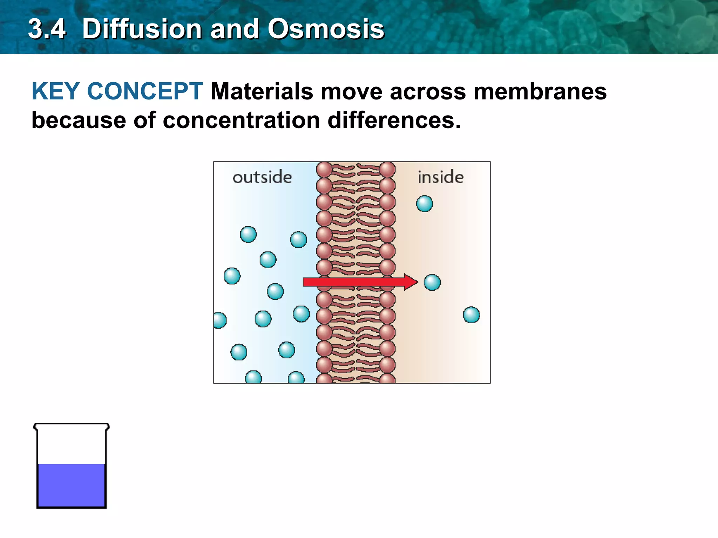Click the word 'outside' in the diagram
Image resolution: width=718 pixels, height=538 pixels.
(x=262, y=177)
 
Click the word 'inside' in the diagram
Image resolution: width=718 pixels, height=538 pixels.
(x=441, y=177)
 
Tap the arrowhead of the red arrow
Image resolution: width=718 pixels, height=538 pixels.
(x=411, y=282)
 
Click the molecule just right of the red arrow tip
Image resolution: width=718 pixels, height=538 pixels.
(x=432, y=282)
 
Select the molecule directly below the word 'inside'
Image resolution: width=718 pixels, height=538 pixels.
(x=424, y=204)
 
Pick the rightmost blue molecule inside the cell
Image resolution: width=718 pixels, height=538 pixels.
(x=471, y=315)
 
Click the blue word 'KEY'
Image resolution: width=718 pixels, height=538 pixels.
(x=55, y=91)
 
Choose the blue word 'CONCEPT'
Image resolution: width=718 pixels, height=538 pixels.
(x=145, y=91)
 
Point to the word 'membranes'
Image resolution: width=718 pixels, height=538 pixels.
(x=540, y=91)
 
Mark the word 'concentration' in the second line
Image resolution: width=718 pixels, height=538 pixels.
(x=241, y=120)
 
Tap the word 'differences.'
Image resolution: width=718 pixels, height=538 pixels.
(x=394, y=120)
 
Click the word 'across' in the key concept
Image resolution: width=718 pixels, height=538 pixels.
(x=428, y=91)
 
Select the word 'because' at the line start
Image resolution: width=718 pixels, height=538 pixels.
(x=79, y=120)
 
